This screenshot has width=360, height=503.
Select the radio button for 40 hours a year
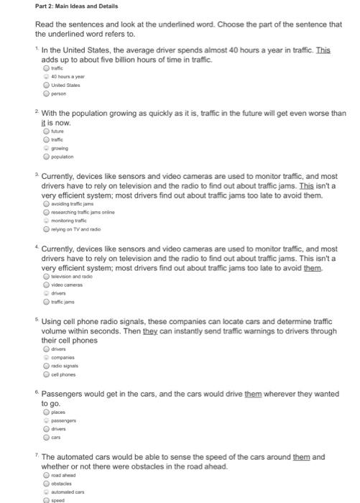tap(44, 78)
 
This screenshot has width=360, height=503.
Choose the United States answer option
tap(44, 86)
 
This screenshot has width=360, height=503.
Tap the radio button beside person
tap(44, 93)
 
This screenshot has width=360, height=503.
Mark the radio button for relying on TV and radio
tap(44, 226)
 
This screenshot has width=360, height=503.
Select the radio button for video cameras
tap(44, 285)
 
